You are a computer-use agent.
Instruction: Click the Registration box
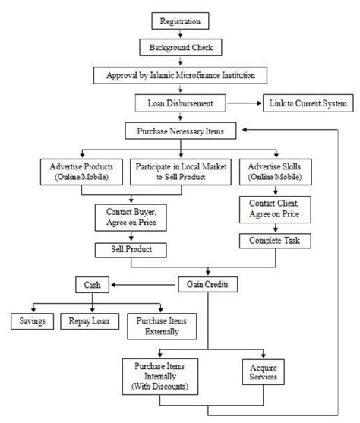point(180,21)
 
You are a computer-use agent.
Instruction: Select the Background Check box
point(180,47)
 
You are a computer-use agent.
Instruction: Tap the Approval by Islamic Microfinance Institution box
point(180,74)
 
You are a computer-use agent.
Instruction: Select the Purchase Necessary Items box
point(180,131)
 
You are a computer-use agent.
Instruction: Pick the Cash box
point(93,285)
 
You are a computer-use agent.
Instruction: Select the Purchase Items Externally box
point(160,326)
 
